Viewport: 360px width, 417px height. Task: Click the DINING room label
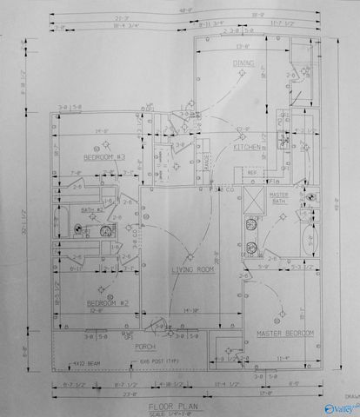(x=243, y=63)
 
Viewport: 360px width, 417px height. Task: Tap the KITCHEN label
(x=246, y=147)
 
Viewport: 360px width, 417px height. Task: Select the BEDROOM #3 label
(x=105, y=157)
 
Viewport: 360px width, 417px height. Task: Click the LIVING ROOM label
(x=192, y=270)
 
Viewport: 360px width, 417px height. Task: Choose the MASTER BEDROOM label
(x=284, y=333)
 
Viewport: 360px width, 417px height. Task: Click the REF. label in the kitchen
(x=252, y=172)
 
